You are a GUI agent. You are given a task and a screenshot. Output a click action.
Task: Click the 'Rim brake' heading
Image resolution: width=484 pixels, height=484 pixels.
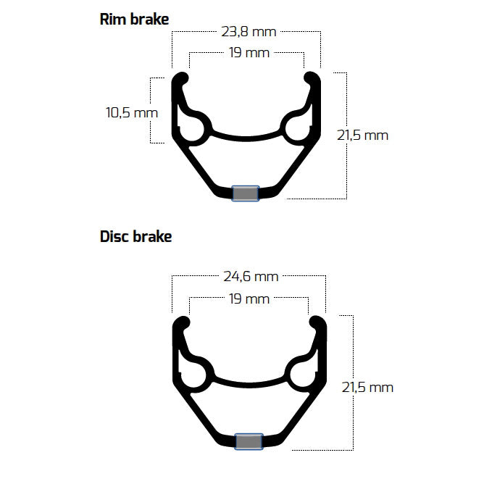(134, 20)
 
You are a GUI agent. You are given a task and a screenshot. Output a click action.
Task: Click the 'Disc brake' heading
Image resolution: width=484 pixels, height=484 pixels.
(135, 237)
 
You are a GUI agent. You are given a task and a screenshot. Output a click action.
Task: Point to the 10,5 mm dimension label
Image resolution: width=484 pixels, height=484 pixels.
(131, 113)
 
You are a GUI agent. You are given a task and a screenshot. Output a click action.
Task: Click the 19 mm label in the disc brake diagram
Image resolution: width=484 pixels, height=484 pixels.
(249, 299)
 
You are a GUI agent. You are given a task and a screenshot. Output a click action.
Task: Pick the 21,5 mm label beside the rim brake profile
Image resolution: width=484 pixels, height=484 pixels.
(363, 135)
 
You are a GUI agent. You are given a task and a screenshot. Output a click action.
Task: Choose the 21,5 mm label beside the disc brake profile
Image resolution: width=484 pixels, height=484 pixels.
(367, 387)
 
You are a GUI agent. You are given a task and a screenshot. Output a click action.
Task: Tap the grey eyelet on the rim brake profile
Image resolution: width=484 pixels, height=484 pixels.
(245, 193)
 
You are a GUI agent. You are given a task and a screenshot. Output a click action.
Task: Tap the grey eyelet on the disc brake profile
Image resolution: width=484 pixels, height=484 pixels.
(249, 441)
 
